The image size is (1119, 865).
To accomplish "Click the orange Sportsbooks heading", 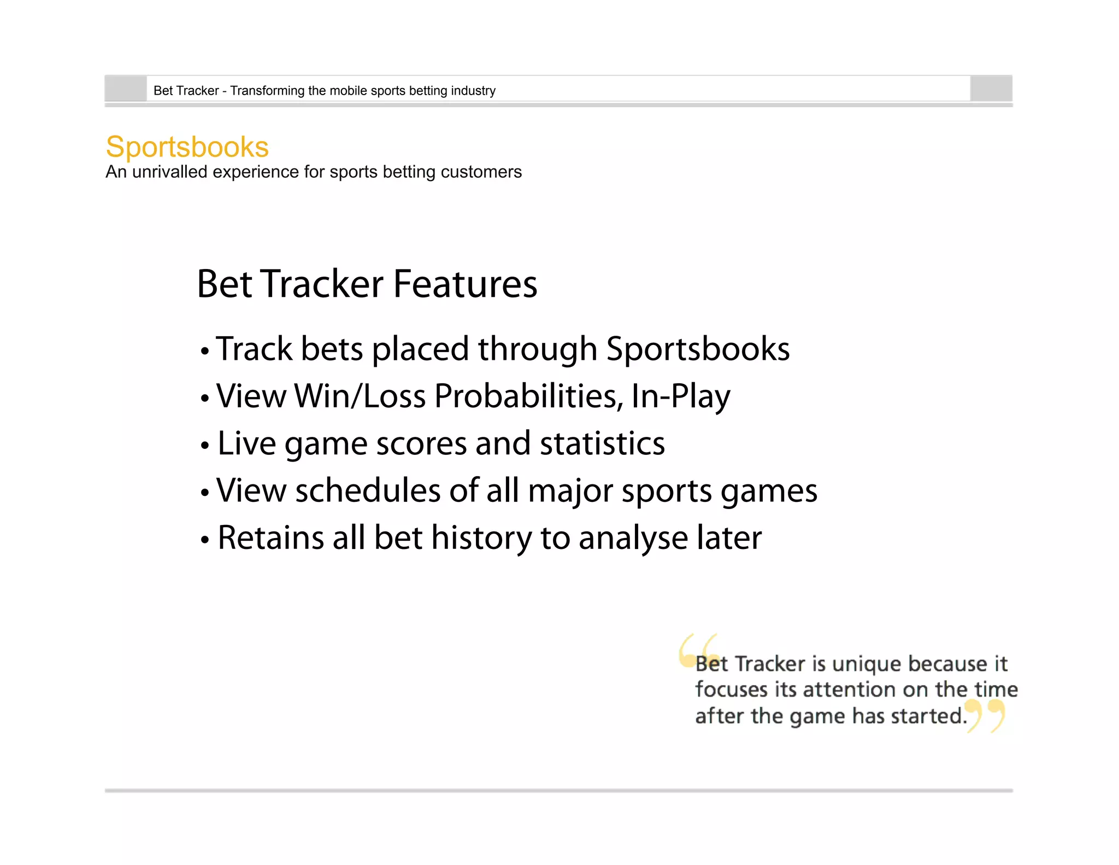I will tap(187, 147).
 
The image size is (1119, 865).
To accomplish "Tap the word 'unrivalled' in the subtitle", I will tap(169, 172).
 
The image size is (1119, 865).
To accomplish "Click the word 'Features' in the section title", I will tap(465, 284).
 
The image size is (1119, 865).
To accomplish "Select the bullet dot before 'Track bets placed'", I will tap(205, 351).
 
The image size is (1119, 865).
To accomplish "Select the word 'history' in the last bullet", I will tap(481, 537).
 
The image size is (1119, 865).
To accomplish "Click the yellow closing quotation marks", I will tap(986, 715).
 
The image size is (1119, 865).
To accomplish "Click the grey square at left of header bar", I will tap(126, 89).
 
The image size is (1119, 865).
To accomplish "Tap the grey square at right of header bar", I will tap(991, 89).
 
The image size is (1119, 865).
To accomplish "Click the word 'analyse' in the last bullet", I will tap(633, 539).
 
